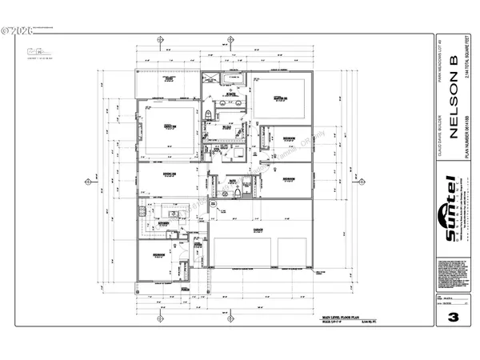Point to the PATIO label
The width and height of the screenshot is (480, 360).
click(x=170, y=80)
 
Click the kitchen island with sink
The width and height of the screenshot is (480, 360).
click(x=170, y=214)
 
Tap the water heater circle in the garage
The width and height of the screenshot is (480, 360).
click(x=213, y=206)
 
